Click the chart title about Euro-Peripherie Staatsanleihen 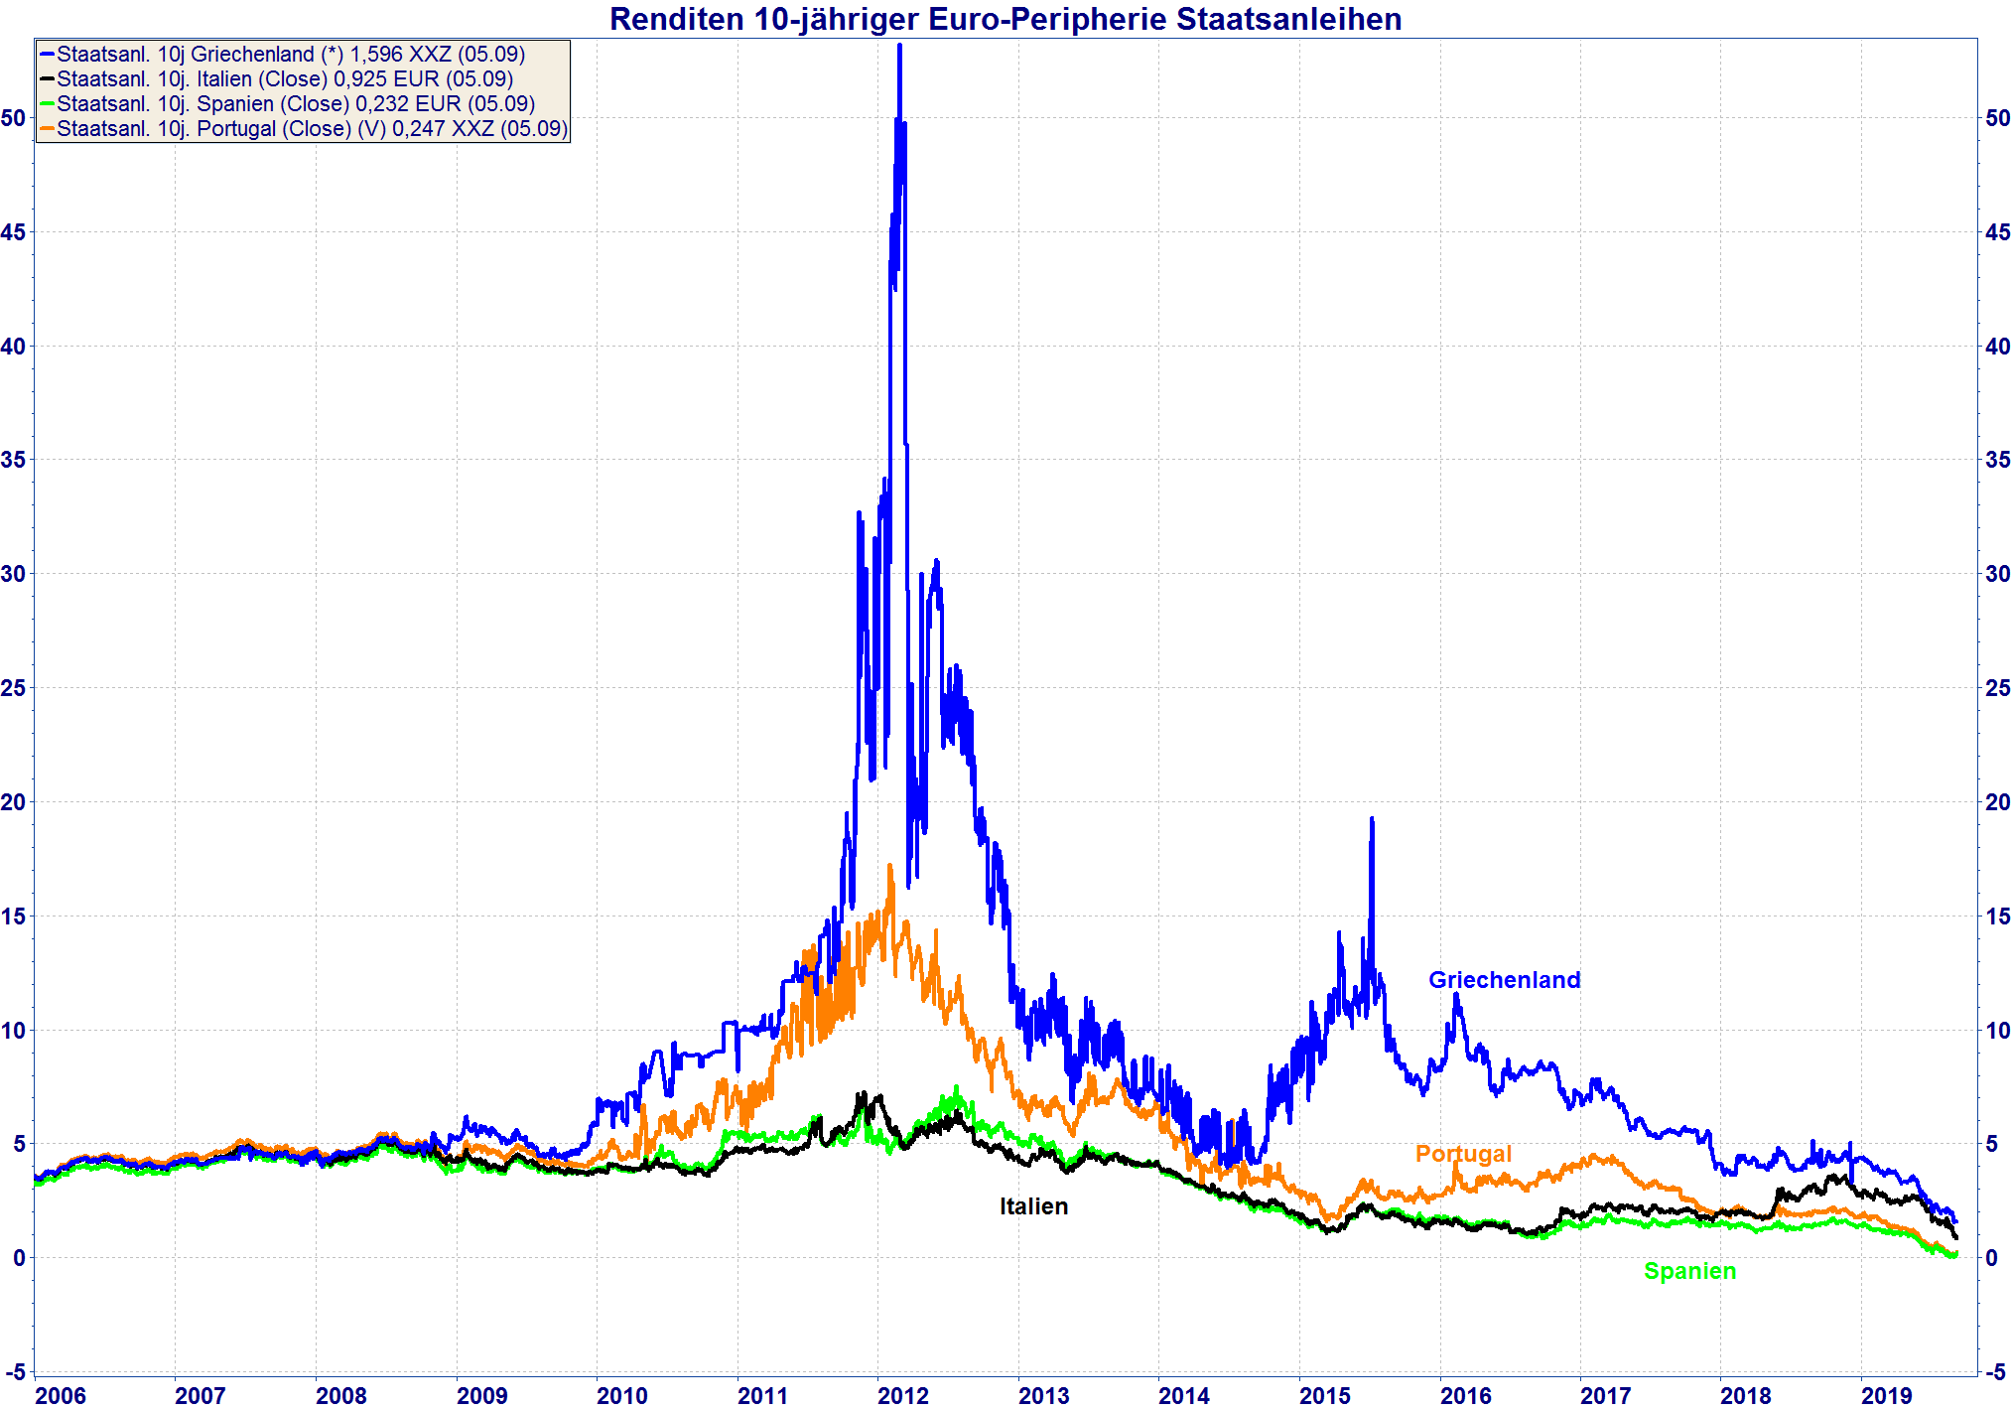coord(1005,19)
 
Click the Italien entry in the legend coord(284,79)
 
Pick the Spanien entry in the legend coord(295,104)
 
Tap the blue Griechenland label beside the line coord(1504,980)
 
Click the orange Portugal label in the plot coord(1462,1154)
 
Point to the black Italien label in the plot coord(1033,1206)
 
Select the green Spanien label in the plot coord(1689,1271)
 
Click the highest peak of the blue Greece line coord(899,47)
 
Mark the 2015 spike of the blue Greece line coord(1372,820)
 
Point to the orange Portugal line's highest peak coord(890,866)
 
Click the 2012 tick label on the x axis coord(902,1396)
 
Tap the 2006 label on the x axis coord(61,1396)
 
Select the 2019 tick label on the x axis coord(1886,1396)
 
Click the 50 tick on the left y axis coord(13,118)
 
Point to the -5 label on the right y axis coord(1995,1372)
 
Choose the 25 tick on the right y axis coord(1997,688)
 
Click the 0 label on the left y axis coord(19,1258)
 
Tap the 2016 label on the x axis coord(1465,1396)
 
